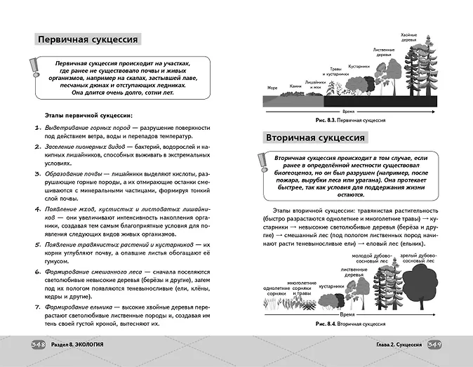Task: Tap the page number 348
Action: (38, 345)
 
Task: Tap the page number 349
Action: (434, 345)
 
